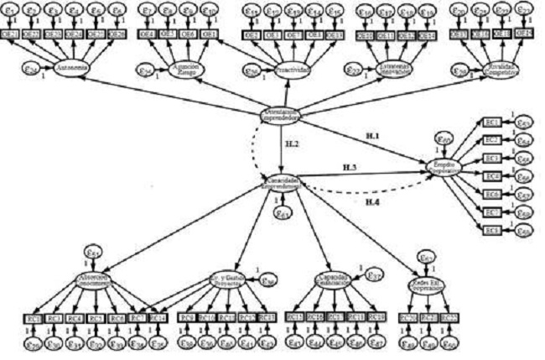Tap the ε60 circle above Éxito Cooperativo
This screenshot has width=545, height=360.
pyautogui.click(x=445, y=138)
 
